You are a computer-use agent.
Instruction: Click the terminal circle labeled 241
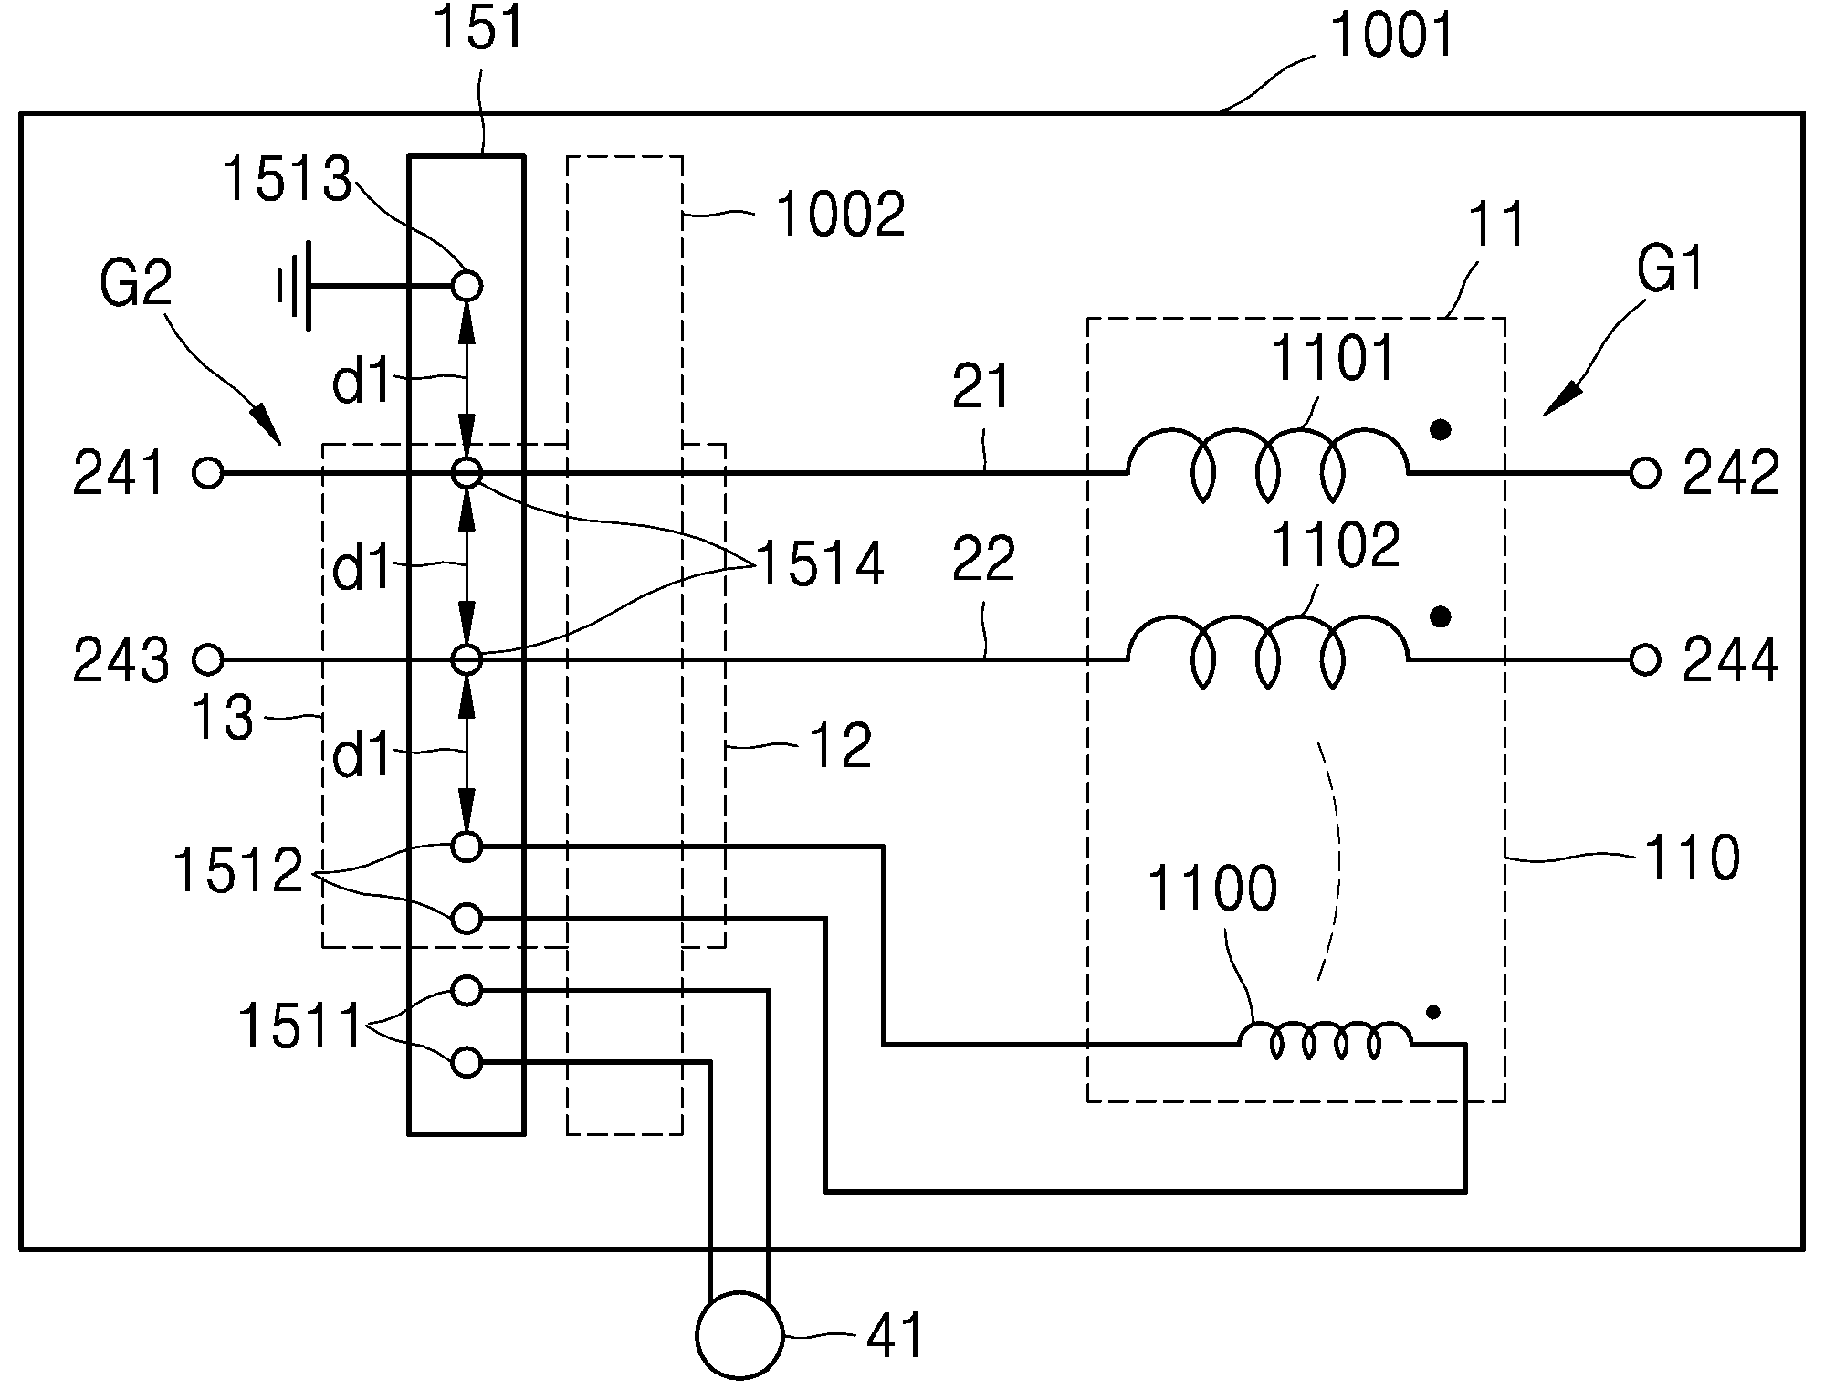[x=208, y=473]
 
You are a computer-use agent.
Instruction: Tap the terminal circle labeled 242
[x=1644, y=473]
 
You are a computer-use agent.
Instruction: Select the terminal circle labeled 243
[x=208, y=658]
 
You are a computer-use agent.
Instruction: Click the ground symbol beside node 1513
[x=296, y=286]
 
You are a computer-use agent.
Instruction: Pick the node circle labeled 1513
[x=467, y=286]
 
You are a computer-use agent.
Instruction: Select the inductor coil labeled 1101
[x=1267, y=463]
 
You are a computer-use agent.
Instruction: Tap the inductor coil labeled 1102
[x=1267, y=649]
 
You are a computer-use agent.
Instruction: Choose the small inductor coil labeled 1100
[x=1325, y=1040]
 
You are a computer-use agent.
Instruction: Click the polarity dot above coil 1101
[x=1440, y=430]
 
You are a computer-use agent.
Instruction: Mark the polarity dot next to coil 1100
[x=1433, y=1012]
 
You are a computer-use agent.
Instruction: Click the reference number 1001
[x=1391, y=37]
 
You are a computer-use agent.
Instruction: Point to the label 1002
[x=840, y=215]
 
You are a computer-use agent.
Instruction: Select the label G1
[x=1671, y=269]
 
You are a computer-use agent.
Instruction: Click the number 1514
[x=821, y=563]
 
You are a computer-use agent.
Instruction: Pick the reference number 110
[x=1692, y=858]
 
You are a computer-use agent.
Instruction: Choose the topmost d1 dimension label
[x=362, y=381]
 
